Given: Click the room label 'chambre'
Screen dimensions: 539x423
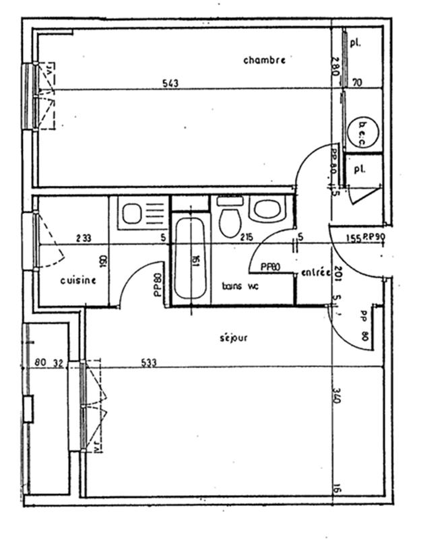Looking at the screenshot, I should point(264,60).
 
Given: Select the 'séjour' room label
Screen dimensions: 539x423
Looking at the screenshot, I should point(232,338).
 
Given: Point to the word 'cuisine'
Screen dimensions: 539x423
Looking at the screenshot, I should point(78,280).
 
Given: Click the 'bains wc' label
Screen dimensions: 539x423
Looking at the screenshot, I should point(240,286).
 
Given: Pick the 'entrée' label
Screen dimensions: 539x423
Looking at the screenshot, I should point(315,273).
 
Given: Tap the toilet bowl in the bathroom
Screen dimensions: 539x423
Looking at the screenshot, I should point(230,220).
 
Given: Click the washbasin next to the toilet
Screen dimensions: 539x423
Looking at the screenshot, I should point(267,210).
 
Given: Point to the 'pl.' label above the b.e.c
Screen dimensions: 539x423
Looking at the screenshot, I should point(355,42).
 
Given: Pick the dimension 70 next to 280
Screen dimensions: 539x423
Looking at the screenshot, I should point(357,84).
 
